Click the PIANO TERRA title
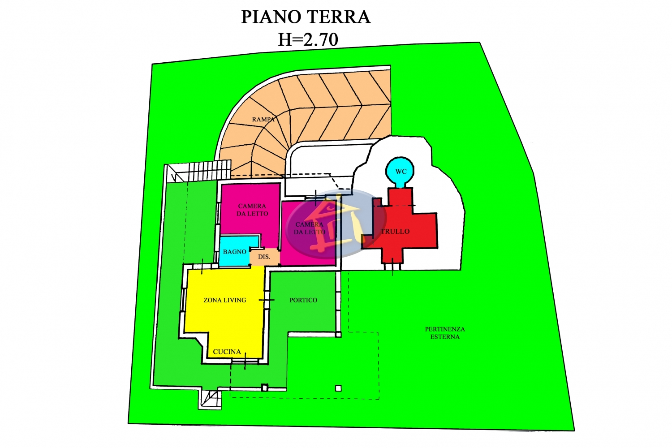coord(306,17)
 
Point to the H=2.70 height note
coord(308,39)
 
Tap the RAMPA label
coord(263,120)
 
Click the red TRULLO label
coord(395,232)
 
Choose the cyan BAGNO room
coord(235,252)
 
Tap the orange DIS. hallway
coord(264,257)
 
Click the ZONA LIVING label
coord(225,300)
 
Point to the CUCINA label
coord(227,352)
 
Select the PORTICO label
coord(303,300)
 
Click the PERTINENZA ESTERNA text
coord(445,333)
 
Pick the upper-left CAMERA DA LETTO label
coord(252,210)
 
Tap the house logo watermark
coord(336,224)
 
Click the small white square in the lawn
coord(338,388)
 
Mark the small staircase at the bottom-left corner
coord(210,399)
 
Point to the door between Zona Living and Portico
coord(266,300)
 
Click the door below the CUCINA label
coord(245,363)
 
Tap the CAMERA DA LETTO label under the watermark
coord(310,228)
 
